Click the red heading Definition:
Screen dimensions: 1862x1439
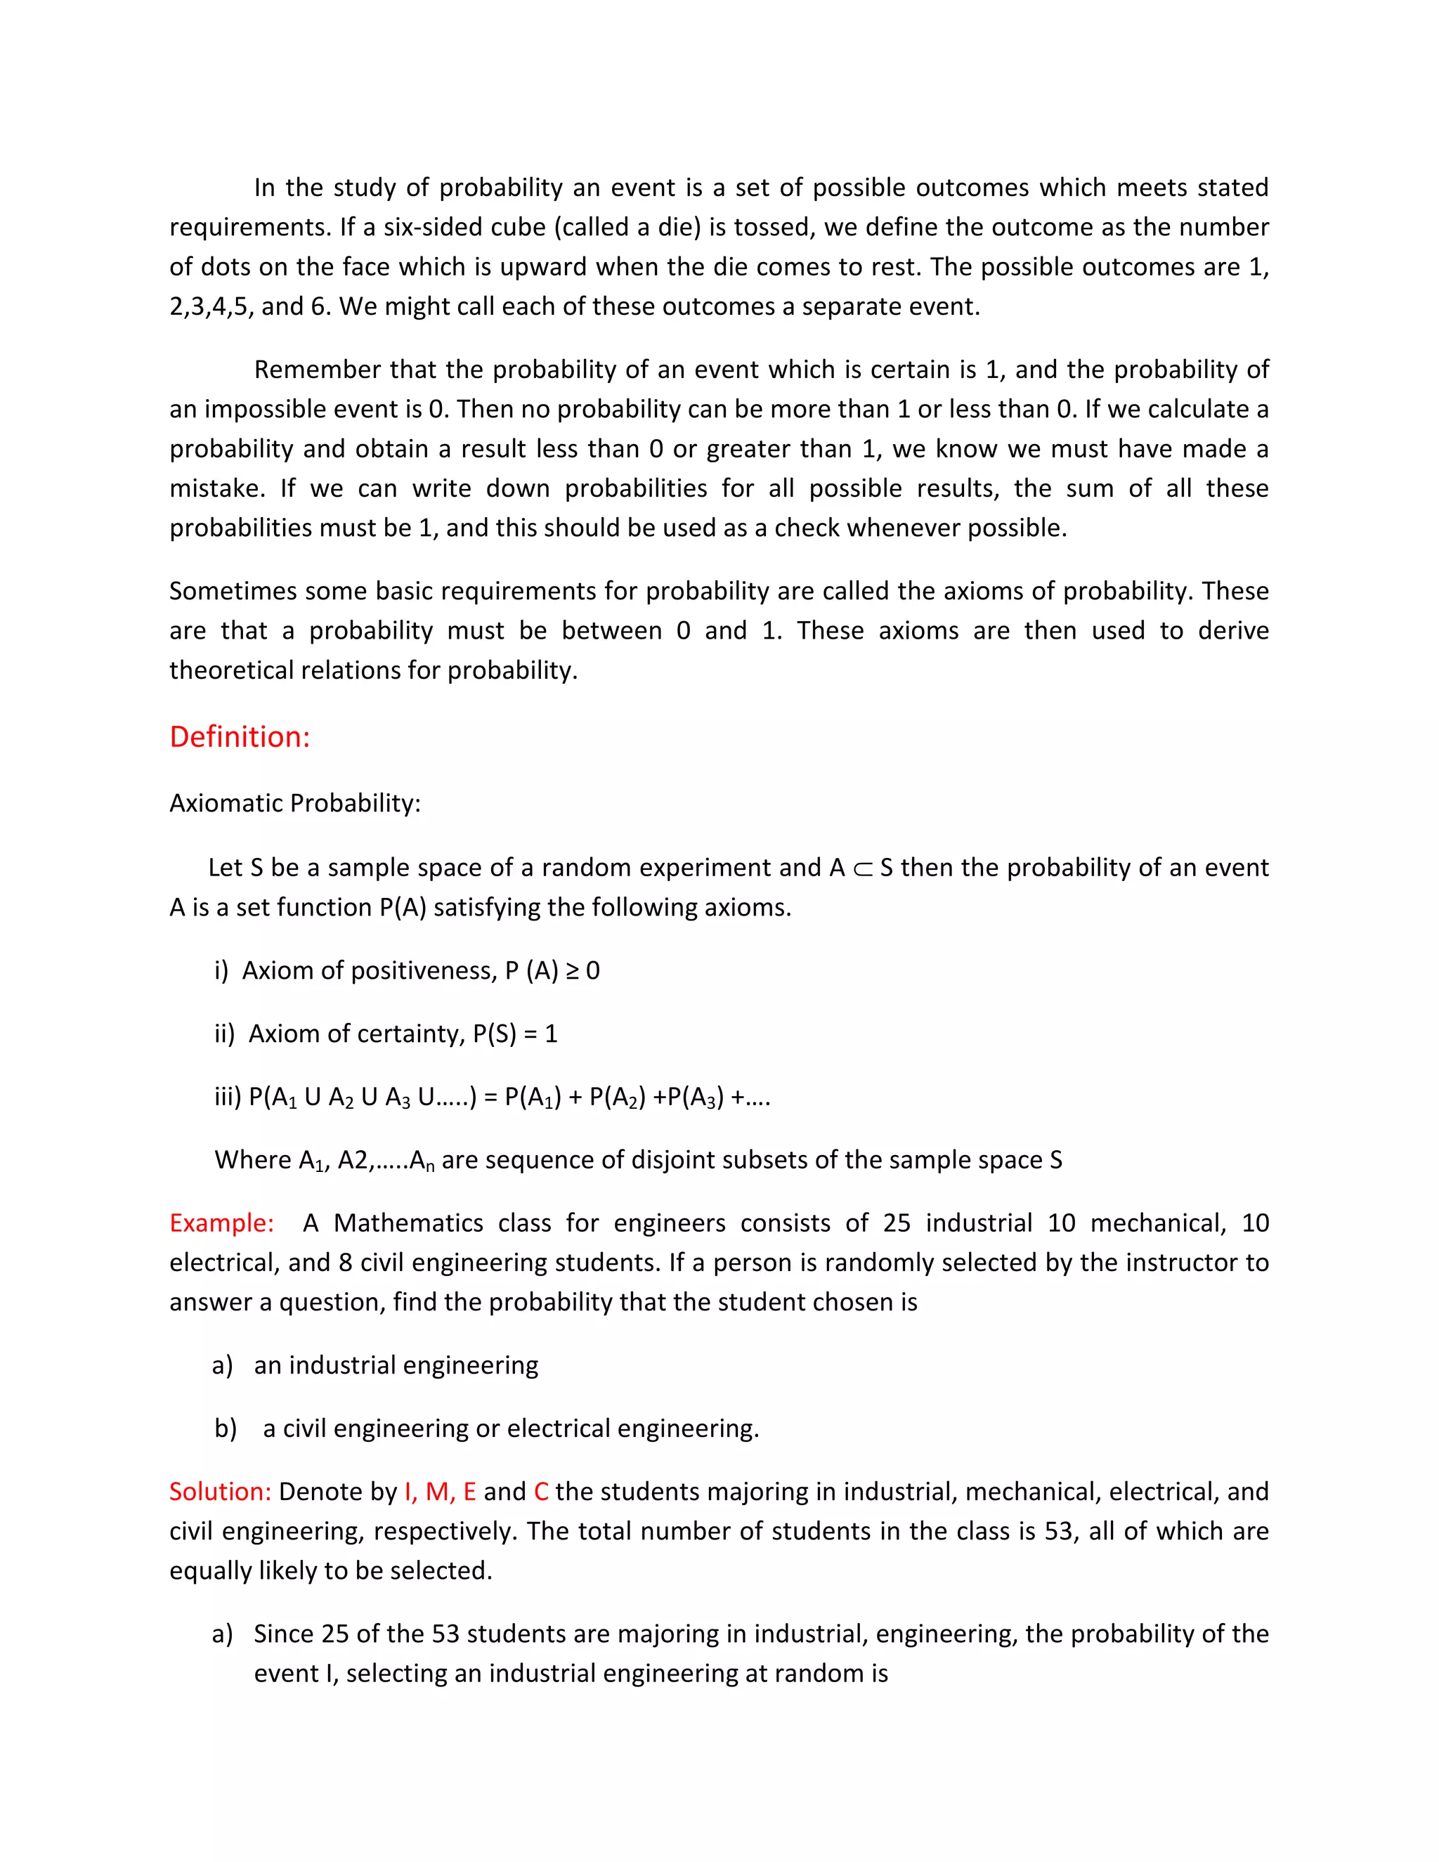coord(240,736)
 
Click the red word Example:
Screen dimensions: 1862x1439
coord(221,1223)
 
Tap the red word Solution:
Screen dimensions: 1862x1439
coord(220,1491)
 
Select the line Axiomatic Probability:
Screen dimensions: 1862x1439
coord(295,803)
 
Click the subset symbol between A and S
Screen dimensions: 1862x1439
coord(863,868)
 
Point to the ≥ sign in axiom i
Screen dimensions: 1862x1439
coord(571,971)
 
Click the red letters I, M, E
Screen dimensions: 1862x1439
coord(440,1491)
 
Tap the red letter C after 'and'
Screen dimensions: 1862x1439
coord(541,1491)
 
